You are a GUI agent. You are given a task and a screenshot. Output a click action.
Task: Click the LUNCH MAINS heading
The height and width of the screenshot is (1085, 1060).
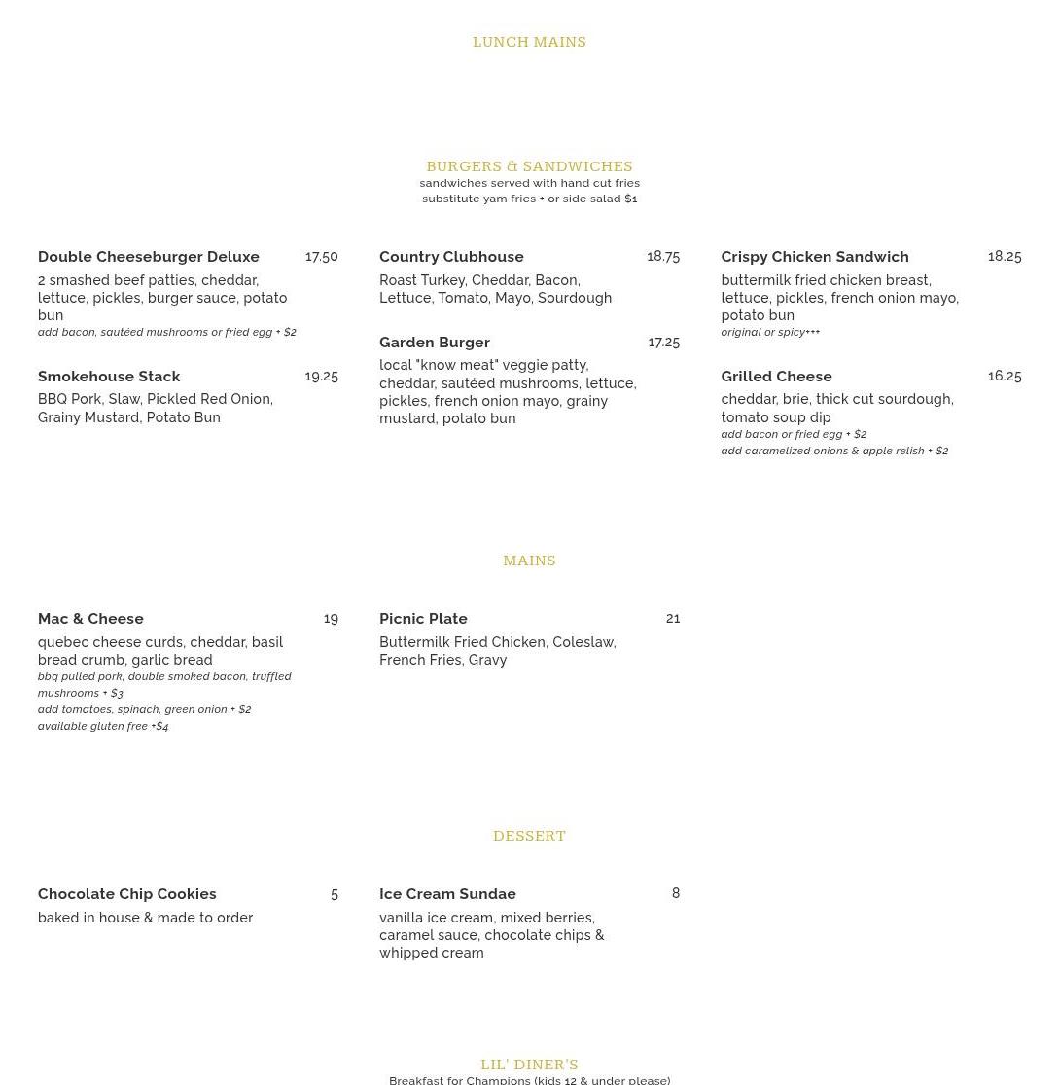point(529,42)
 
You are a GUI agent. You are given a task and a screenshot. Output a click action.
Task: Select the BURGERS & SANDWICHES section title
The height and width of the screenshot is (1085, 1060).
point(529,166)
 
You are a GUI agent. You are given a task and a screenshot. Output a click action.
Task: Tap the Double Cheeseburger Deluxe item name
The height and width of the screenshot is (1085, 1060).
point(149,257)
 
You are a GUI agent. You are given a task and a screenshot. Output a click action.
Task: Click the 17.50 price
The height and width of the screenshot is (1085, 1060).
point(321,257)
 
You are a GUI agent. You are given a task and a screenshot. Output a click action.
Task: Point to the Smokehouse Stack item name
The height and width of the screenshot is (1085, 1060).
point(109,377)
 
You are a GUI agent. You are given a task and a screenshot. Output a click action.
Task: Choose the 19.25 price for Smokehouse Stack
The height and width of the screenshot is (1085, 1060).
point(321,377)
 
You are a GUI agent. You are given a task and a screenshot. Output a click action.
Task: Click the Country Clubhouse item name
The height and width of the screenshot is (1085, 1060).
point(451,257)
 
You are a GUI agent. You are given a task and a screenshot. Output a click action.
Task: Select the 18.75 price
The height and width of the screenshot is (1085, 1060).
point(663,257)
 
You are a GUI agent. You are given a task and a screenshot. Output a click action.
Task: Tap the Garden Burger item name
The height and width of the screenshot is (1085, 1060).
point(435,343)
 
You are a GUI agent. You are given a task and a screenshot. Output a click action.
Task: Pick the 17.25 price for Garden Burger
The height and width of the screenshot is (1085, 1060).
point(663,343)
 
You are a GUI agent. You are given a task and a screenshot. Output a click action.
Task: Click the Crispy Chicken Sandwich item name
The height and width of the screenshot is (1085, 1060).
point(815,257)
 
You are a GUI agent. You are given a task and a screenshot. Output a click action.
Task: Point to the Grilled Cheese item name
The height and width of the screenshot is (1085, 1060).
point(776,377)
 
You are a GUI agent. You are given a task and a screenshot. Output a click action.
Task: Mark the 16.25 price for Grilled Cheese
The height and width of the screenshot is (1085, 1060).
point(1005,377)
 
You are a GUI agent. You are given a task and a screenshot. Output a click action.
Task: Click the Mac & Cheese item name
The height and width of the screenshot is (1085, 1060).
point(90,619)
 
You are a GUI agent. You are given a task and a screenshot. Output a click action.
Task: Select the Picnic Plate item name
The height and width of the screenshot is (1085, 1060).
point(423,619)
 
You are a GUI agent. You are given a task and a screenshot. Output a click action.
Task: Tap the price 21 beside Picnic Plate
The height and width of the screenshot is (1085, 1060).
point(673,619)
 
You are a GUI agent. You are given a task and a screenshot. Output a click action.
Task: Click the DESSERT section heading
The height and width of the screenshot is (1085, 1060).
point(529,836)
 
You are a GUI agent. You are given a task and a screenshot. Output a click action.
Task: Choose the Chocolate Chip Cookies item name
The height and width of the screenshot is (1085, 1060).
point(127,894)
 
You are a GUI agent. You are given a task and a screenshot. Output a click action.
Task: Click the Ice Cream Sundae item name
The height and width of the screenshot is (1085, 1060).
point(447,894)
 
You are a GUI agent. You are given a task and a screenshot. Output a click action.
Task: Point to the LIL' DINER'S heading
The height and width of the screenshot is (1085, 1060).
point(529,1065)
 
